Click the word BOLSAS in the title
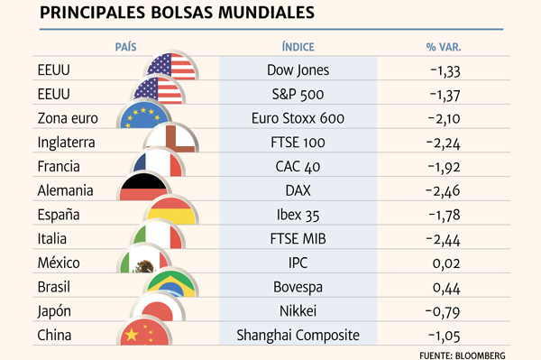[182, 13]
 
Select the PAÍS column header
[125, 47]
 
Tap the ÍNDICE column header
[298, 47]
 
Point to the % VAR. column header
[444, 47]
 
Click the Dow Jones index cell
[298, 70]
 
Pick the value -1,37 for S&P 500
[445, 95]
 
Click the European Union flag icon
[144, 115]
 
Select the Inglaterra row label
[66, 143]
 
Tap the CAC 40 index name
[298, 167]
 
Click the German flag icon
[144, 187]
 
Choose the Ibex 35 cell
[298, 215]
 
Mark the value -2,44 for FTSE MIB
[443, 239]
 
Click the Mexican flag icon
[144, 260]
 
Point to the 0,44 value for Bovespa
[446, 288]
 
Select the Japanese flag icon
[158, 309]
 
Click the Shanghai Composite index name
[298, 336]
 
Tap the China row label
[54, 335]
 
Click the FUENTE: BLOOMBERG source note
[463, 355]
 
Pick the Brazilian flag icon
[171, 284]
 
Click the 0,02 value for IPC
[446, 263]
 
